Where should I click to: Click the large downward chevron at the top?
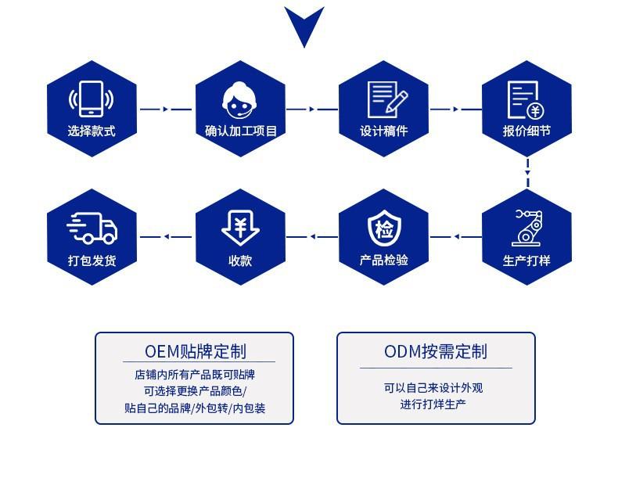tap(304, 23)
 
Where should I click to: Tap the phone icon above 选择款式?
tap(92, 98)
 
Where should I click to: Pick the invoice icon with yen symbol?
tap(526, 99)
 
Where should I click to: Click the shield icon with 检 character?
tap(383, 228)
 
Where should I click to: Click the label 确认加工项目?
tap(236, 131)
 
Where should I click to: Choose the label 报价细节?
tap(526, 131)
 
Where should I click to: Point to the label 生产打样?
tap(526, 261)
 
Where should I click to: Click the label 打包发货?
tap(92, 261)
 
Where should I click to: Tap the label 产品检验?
tap(383, 261)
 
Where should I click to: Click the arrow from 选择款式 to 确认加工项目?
tap(165, 110)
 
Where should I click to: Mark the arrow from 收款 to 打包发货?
tap(165, 237)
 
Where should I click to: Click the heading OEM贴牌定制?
tap(195, 350)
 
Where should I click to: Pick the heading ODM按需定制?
tap(436, 351)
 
